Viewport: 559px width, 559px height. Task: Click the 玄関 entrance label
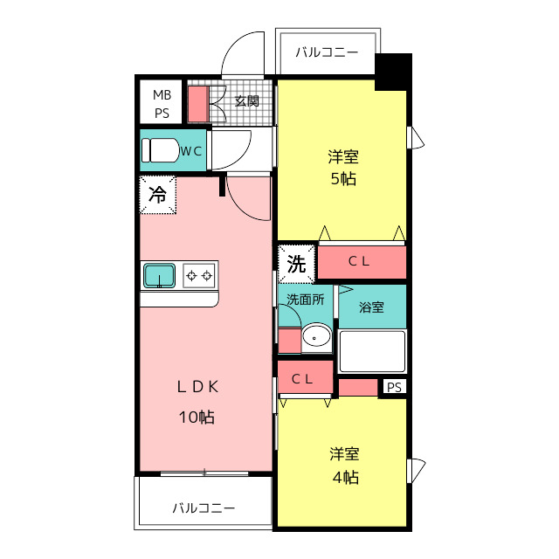tap(247, 100)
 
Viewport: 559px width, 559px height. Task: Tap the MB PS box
tap(162, 102)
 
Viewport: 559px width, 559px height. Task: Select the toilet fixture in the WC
tap(160, 150)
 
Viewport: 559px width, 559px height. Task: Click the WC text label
tap(191, 151)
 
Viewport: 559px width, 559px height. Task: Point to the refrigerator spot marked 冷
tap(157, 195)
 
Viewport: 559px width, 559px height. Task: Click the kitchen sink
tap(160, 276)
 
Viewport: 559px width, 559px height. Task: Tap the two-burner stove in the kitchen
tap(199, 276)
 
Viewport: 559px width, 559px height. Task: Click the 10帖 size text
tap(197, 417)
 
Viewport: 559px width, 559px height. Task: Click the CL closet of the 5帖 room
tap(362, 260)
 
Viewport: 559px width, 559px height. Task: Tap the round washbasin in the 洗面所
tap(315, 337)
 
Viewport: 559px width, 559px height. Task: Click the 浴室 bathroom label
tap(372, 307)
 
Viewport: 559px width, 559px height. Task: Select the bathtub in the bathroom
tap(372, 350)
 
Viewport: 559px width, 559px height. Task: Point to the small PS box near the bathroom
tap(395, 387)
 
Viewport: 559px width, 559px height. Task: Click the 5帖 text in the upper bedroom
tap(343, 180)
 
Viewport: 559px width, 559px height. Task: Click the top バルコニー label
tap(326, 52)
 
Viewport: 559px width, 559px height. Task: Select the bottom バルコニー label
tap(203, 507)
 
